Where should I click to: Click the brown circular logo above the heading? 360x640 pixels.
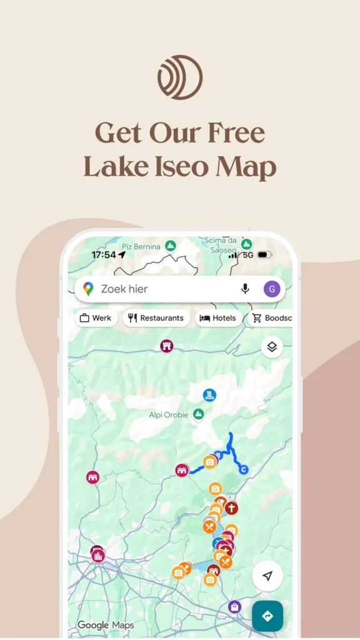click(180, 77)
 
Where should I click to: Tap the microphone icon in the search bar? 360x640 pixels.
click(245, 289)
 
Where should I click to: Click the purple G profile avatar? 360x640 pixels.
click(271, 289)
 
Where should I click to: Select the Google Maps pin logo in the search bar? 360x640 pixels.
click(89, 289)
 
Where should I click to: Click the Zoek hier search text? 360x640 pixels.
click(124, 289)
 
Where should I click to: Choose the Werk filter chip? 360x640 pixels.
click(96, 318)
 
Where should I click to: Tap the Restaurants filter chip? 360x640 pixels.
click(156, 318)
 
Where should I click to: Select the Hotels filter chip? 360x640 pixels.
click(217, 318)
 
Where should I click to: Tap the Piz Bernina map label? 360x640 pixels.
click(141, 247)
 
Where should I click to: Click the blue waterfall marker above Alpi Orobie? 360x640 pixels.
click(209, 395)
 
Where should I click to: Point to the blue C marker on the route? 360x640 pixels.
click(244, 469)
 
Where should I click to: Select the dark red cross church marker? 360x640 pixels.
click(232, 507)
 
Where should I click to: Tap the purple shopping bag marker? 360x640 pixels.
click(234, 606)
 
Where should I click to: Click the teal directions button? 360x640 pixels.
click(267, 616)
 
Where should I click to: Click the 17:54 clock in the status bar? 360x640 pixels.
click(103, 255)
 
